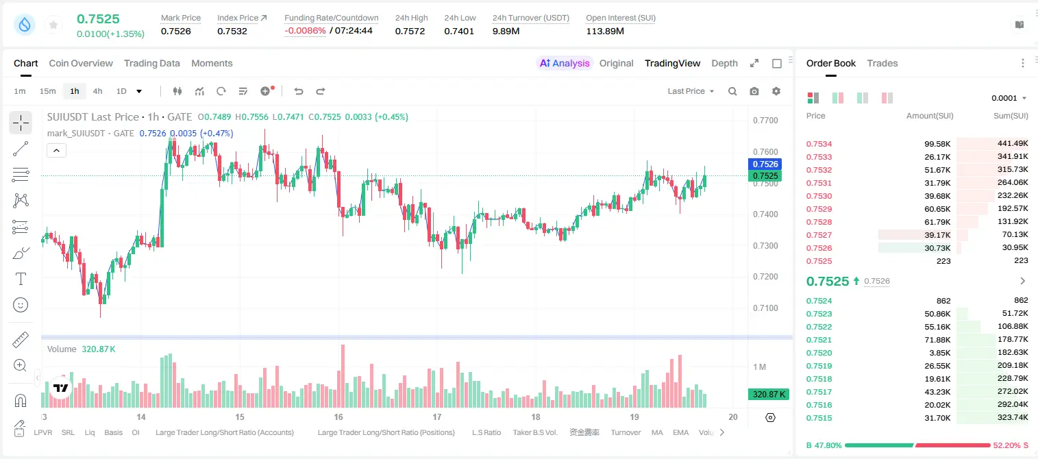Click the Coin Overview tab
[x=81, y=63]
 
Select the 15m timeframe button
[x=48, y=91]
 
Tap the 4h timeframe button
[x=97, y=91]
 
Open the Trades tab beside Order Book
[x=882, y=63]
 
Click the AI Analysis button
[x=565, y=63]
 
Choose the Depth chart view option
[x=724, y=63]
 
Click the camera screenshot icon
[x=754, y=91]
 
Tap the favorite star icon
[x=53, y=25]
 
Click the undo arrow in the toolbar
[x=299, y=91]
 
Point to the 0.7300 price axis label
[x=765, y=245]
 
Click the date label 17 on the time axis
[x=437, y=417]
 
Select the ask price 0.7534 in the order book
[x=819, y=144]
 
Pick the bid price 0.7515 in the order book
[x=819, y=418]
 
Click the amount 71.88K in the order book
[x=937, y=340]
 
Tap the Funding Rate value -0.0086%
[x=305, y=31]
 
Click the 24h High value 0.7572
[x=410, y=31]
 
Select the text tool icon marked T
[x=21, y=279]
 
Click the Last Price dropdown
[x=691, y=91]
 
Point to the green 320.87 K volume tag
[x=768, y=394]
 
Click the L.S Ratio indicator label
[x=486, y=432]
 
